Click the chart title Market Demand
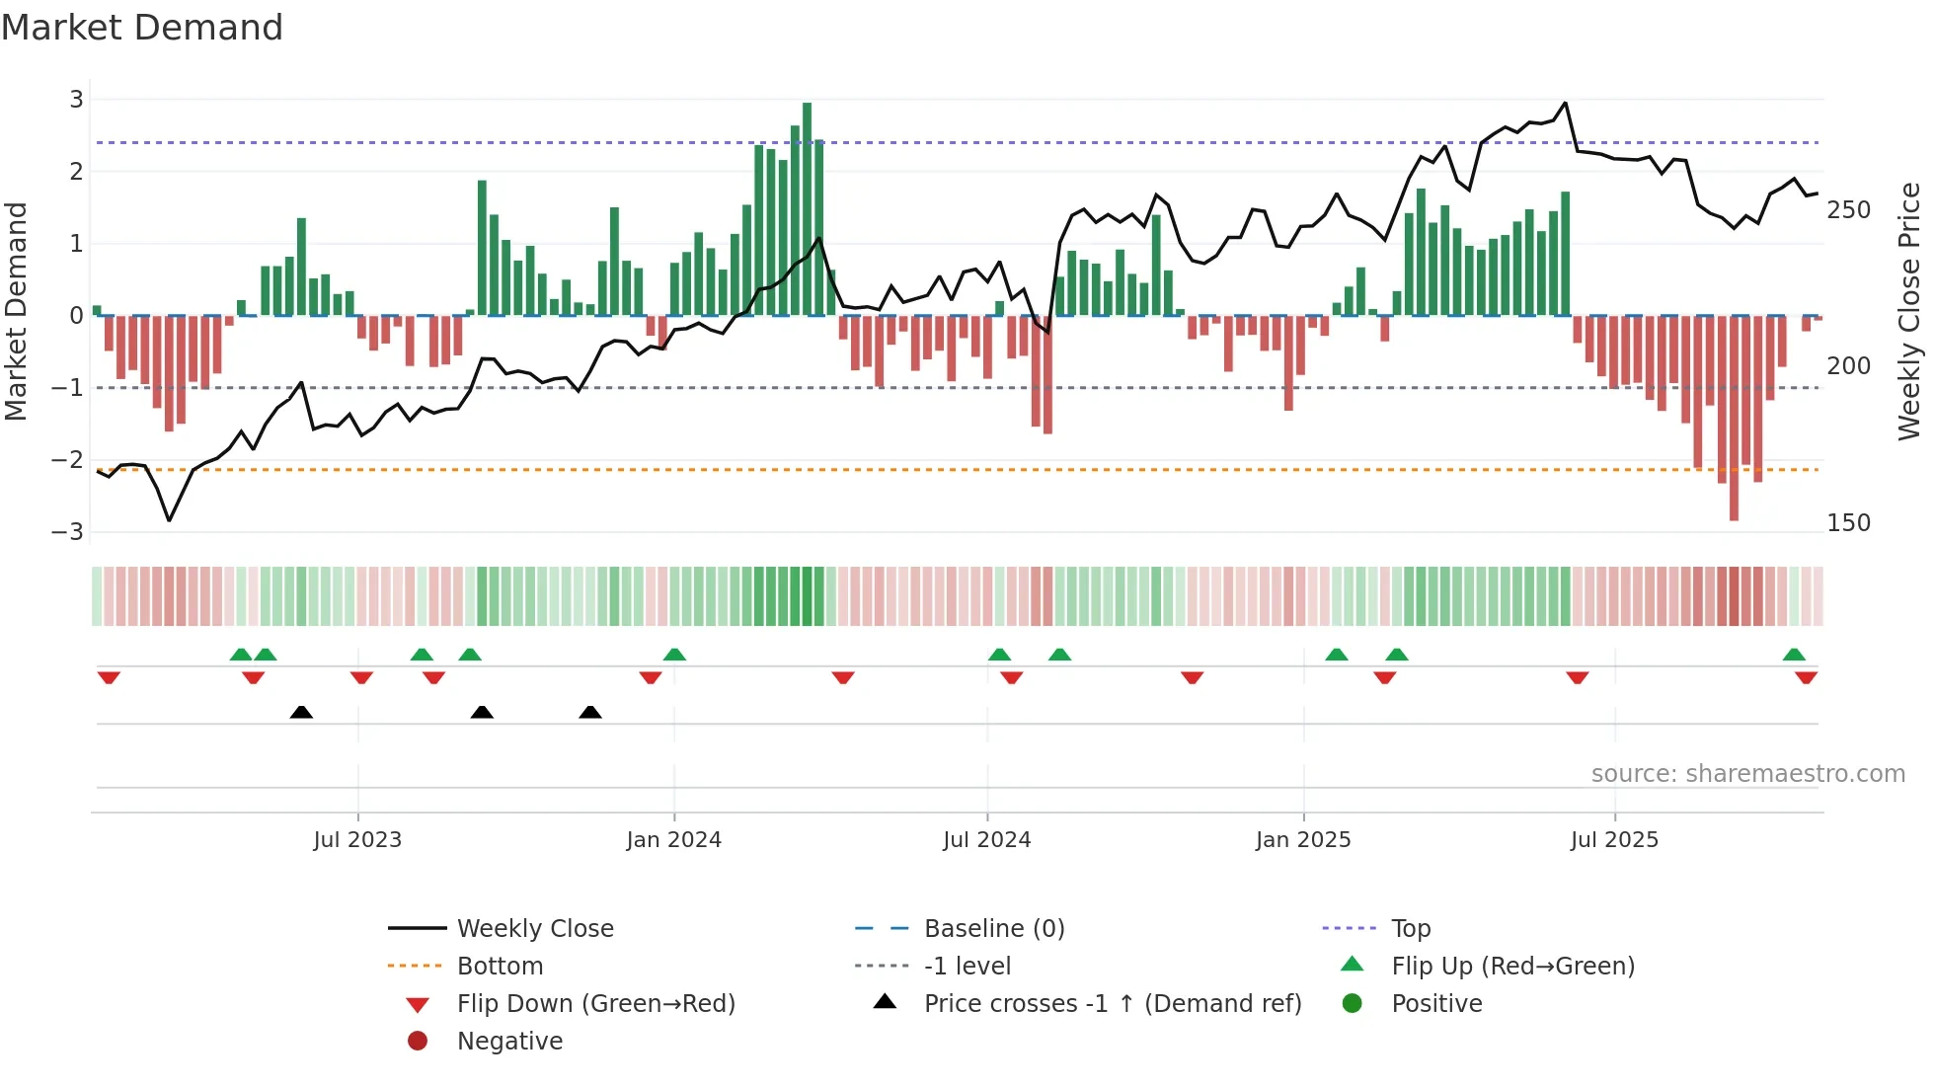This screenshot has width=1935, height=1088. tap(142, 28)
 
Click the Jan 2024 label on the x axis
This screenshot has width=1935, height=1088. tap(673, 840)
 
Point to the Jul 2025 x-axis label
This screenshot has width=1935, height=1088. tap(1614, 840)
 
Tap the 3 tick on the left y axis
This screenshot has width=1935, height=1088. tap(76, 100)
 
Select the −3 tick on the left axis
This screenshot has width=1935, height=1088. tap(68, 532)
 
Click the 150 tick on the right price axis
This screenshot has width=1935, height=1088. tap(1848, 523)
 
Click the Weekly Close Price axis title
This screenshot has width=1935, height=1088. tap(1909, 311)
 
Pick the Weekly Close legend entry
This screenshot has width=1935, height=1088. tap(534, 929)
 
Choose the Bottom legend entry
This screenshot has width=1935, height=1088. tap(500, 967)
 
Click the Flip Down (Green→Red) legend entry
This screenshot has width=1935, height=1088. tap(595, 1004)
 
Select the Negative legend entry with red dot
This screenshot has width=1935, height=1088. tap(509, 1042)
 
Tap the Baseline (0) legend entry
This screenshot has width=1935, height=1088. tap(993, 929)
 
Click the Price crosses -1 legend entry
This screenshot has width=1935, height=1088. tap(1112, 1004)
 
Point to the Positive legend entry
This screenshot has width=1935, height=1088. tap(1436, 1004)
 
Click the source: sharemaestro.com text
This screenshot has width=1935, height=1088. tap(1747, 774)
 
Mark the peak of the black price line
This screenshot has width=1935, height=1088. tap(1565, 103)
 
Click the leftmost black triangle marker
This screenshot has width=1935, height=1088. tap(301, 713)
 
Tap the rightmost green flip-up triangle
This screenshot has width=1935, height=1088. tap(1794, 655)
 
